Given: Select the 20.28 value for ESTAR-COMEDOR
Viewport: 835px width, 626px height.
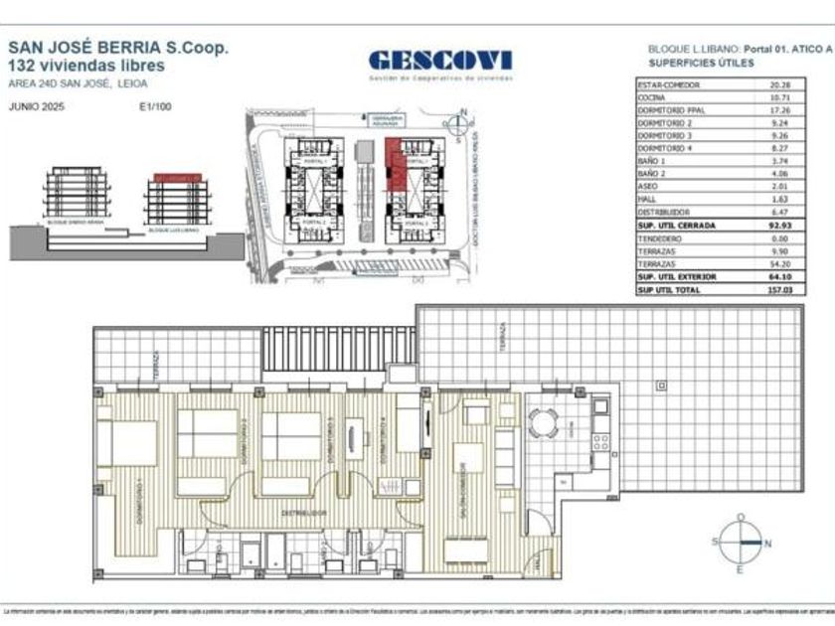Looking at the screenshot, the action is tap(778, 85).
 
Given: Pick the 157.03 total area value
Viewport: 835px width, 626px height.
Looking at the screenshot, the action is tap(778, 289).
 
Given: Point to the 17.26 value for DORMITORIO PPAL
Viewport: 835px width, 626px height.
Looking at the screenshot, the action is tap(778, 112).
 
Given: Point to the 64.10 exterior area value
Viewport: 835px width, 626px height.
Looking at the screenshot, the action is tap(778, 277).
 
